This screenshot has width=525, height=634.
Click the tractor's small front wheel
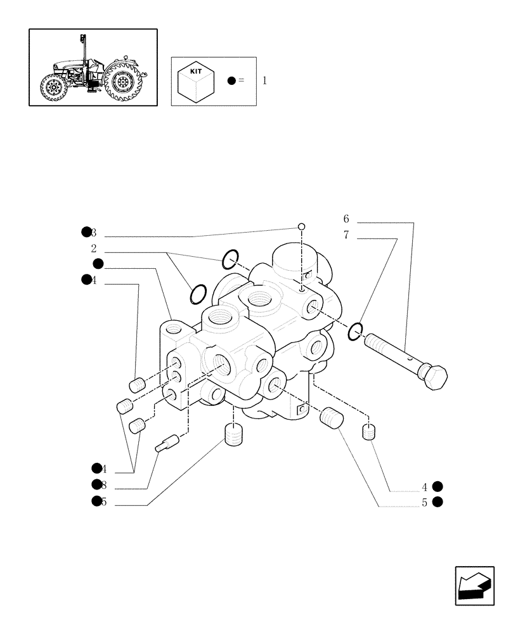tap(52, 88)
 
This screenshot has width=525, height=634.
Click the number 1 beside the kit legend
tap(264, 81)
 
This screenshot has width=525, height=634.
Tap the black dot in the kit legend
tap(231, 81)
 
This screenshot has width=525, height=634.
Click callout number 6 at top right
tap(346, 219)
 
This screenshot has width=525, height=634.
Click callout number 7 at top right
tap(346, 235)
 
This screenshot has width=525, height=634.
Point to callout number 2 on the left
tap(93, 249)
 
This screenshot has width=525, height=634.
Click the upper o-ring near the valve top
tap(230, 259)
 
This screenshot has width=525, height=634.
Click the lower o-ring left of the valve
tap(198, 294)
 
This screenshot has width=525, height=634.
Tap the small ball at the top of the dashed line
tap(302, 226)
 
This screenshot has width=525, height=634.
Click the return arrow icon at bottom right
tap(474, 585)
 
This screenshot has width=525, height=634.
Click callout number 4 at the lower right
tap(425, 487)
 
